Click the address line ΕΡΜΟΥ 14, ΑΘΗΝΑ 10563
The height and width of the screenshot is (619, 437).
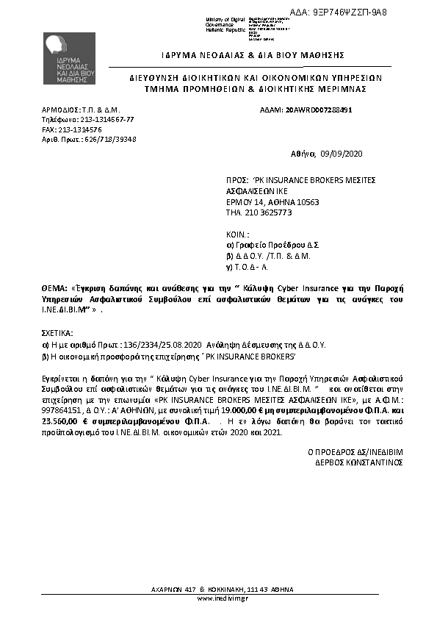point(272,201)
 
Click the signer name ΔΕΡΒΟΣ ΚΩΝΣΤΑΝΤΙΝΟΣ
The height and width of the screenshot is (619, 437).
point(355,464)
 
